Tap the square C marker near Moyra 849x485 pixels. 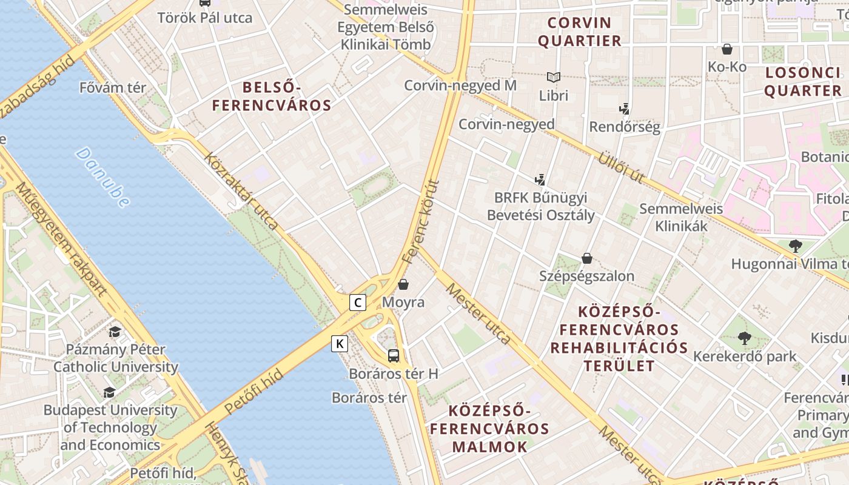358,302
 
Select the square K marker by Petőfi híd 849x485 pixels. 340,344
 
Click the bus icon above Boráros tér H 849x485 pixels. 394,356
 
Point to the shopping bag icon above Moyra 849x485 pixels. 403,284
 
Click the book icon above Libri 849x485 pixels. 553,78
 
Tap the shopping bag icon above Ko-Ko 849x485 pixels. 727,49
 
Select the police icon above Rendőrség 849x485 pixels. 624,110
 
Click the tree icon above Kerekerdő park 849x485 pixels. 745,338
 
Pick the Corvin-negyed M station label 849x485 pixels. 460,85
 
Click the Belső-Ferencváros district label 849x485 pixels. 272,96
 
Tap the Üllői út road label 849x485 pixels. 621,167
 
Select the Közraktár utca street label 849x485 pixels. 241,192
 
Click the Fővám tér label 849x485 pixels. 113,88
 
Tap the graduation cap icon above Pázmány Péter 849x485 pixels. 115,332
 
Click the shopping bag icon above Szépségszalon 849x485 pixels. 586,258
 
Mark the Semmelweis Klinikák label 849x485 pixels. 681,218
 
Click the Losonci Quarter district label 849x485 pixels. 802,82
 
